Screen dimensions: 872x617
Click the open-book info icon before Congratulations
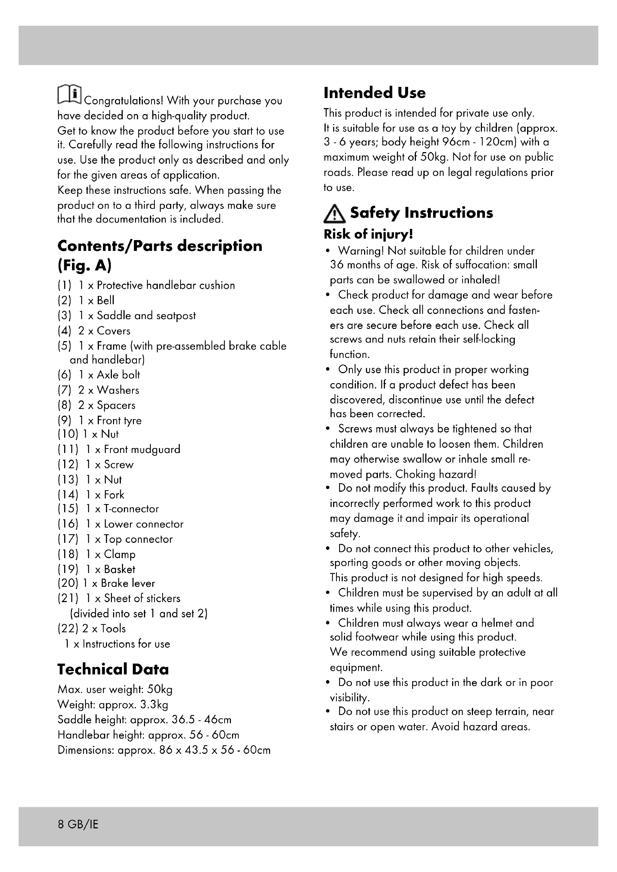69,94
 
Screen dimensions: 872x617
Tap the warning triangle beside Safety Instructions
334,214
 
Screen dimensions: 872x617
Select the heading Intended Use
374,93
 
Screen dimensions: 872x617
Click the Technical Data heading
113,669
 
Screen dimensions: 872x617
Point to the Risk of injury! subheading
368,234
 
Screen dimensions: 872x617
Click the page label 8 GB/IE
78,825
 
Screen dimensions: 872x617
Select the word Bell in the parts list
105,300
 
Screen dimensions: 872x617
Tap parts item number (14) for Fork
68,494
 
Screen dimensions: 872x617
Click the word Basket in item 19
119,569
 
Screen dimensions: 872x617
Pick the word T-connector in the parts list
131,509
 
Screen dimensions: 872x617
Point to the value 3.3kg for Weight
154,705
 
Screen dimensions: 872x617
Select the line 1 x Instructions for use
117,644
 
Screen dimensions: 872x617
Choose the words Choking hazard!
435,474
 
